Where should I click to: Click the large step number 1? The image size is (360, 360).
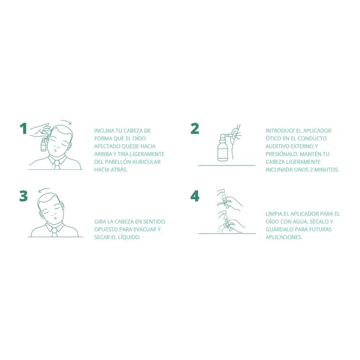pos(23,129)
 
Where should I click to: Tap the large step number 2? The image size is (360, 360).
pos(195,129)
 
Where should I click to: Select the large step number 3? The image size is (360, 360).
pos(23,197)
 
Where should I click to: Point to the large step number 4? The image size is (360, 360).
pos(195,197)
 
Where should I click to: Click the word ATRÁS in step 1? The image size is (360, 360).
pos(119,170)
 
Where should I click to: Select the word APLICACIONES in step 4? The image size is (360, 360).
pos(284,237)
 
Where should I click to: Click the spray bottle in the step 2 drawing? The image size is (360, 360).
pos(222,148)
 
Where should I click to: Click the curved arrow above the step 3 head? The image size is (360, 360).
pos(44,190)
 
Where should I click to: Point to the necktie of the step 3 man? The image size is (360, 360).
pos(54,232)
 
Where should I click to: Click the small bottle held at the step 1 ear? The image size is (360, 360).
pos(43,144)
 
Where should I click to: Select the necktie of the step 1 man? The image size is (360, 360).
pos(57,165)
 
